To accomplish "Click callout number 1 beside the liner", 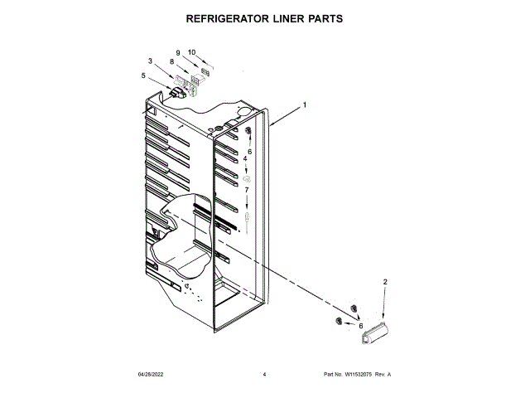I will pyautogui.click(x=305, y=105).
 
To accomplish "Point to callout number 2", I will pyautogui.click(x=385, y=283).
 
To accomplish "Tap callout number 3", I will pyautogui.click(x=150, y=61).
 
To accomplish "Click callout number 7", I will pyautogui.click(x=246, y=190).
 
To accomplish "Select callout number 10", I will pyautogui.click(x=191, y=52).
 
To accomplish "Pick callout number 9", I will pyautogui.click(x=177, y=53).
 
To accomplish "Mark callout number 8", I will pyautogui.click(x=171, y=61).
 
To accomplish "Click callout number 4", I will pyautogui.click(x=245, y=158).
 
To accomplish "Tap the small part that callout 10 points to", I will pyautogui.click(x=206, y=72).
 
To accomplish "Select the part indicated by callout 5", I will pyautogui.click(x=175, y=93).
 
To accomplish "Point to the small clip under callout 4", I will pyautogui.click(x=247, y=178).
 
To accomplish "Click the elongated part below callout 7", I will pyautogui.click(x=247, y=218).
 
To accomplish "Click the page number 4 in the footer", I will pyautogui.click(x=264, y=375).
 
